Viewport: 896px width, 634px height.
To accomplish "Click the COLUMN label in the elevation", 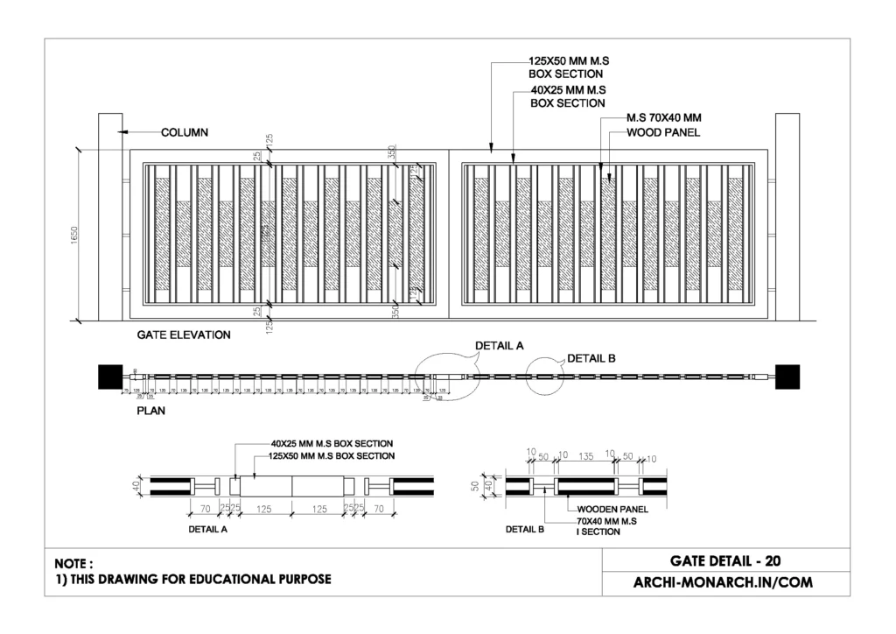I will point(185,133).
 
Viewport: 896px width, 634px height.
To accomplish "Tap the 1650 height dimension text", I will point(75,236).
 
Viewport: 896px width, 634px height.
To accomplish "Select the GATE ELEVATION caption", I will point(184,335).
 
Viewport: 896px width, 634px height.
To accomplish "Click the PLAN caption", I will point(151,409).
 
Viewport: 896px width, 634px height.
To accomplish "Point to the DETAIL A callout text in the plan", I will point(499,346).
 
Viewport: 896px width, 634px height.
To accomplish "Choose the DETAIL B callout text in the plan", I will point(591,358).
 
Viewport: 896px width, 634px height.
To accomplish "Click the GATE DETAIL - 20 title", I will point(725,561).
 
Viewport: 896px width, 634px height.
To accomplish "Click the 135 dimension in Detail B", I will point(586,456).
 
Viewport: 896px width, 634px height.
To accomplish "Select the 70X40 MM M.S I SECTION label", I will point(606,526).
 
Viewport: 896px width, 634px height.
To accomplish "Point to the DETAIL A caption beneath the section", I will point(208,530).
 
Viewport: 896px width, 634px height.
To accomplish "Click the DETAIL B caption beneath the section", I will point(526,530).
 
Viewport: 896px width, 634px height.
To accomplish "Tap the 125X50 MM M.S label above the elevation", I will point(569,61).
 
